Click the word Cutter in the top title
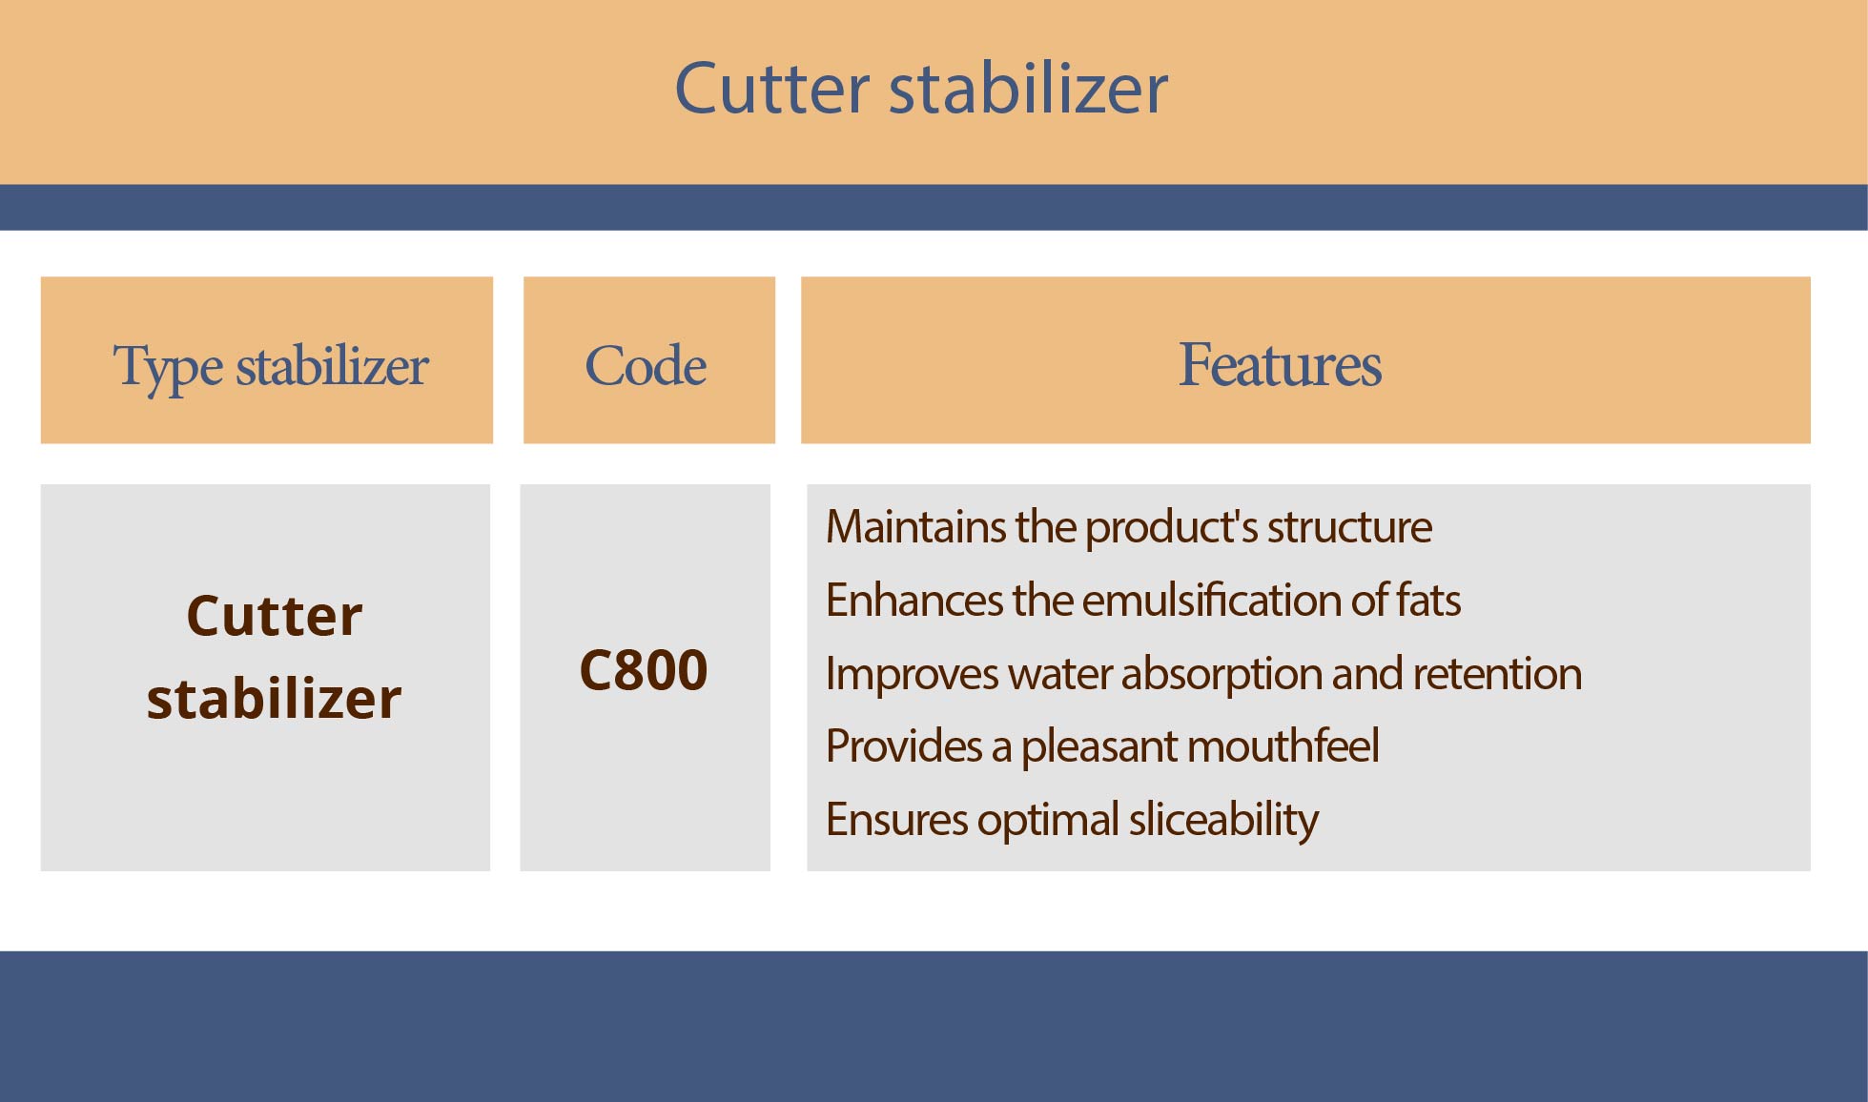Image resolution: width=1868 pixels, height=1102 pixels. click(x=771, y=88)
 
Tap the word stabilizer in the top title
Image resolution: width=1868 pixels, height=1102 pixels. click(x=1029, y=88)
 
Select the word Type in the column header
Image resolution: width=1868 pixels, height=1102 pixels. click(x=169, y=368)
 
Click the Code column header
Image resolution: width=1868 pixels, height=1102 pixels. click(x=646, y=365)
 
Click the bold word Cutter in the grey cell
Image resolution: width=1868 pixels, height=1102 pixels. click(x=275, y=616)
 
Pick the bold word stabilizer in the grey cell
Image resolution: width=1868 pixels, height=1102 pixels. click(x=274, y=698)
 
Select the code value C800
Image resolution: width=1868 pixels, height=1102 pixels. click(x=644, y=669)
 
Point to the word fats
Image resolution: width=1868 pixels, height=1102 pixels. click(x=1428, y=600)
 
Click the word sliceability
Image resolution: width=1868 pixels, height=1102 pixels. click(x=1223, y=821)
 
